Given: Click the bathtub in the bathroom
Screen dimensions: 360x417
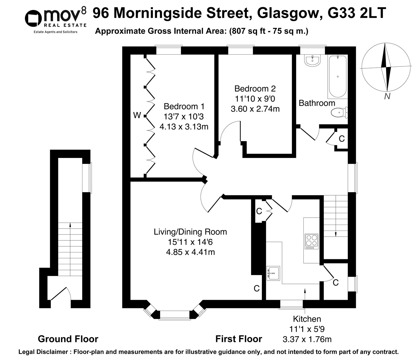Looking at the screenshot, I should pos(338,77).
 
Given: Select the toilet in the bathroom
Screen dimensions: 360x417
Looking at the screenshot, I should pos(339,113).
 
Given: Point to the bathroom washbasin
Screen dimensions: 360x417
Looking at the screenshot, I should pos(313,60).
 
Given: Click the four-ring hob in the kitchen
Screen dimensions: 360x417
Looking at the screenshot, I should pos(312,241).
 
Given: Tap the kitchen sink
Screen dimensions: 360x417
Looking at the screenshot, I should pos(273,273).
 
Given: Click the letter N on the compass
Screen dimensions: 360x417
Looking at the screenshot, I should pos(387,96).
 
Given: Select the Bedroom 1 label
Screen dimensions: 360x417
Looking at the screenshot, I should pos(184,107).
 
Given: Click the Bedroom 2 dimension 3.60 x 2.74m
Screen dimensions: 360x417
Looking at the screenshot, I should pos(255,109).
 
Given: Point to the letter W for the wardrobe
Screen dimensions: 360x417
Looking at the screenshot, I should pos(137,116).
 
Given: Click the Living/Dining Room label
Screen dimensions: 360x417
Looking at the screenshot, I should pos(190,232).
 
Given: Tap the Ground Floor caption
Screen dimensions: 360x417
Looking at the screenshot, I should pos(68,339).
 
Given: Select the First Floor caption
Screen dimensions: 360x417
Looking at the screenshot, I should pos(238,339).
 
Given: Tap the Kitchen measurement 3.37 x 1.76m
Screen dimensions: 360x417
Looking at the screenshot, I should pos(307,339).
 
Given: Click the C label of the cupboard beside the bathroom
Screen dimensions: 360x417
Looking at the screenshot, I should pos(341,139).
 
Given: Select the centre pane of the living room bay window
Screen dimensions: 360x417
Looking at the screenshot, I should pos(175,315).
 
